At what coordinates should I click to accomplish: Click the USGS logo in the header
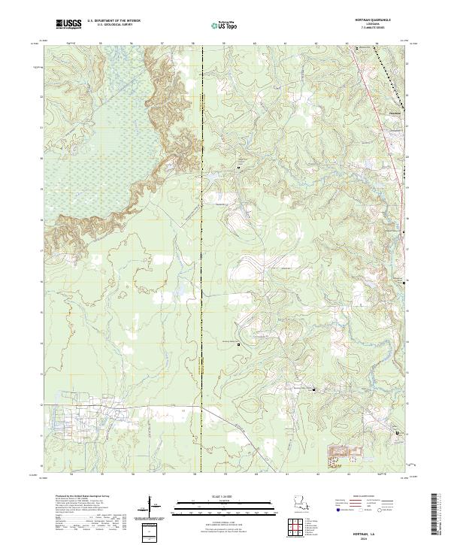tap(68, 25)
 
